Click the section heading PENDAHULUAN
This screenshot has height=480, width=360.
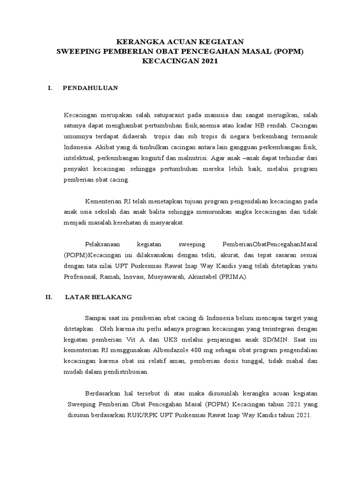coord(90,88)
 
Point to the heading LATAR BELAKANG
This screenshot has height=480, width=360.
coord(98,297)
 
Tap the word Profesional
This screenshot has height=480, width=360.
coord(80,277)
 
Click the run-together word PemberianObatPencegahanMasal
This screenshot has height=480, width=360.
coord(269,245)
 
